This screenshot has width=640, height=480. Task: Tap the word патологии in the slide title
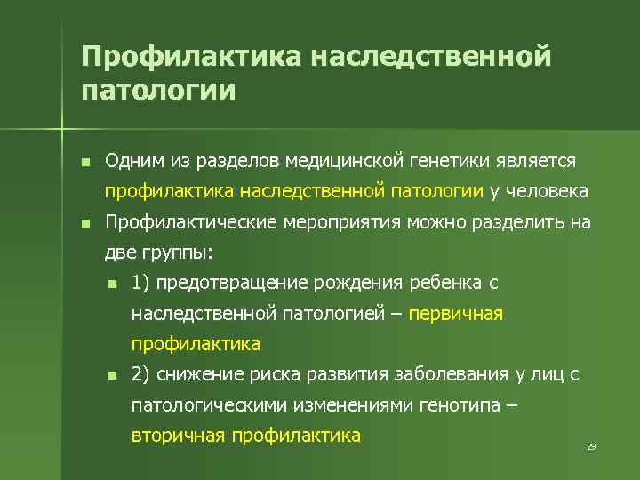click(x=158, y=91)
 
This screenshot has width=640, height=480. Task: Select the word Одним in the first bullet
click(x=130, y=161)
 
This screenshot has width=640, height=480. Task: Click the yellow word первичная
click(x=456, y=314)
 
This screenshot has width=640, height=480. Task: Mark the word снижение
click(x=198, y=375)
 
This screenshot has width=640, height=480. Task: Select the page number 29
click(x=590, y=446)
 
